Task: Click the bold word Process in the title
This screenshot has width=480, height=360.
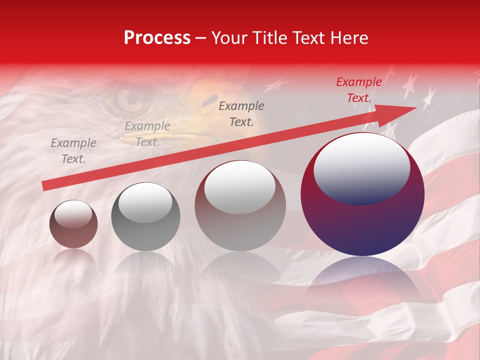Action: [x=157, y=38]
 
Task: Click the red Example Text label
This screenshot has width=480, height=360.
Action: [x=359, y=90]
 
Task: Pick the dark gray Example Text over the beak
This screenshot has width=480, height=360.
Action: [x=241, y=114]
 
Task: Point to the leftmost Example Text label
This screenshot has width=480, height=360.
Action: [x=73, y=151]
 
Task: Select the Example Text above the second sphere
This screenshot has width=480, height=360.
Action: [x=147, y=134]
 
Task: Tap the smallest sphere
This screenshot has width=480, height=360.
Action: [x=73, y=224]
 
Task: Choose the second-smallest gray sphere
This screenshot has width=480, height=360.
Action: [x=145, y=217]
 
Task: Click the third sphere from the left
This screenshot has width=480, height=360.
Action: [x=240, y=206]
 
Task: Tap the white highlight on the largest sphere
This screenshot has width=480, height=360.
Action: [x=361, y=167]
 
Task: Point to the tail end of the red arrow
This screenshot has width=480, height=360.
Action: [x=45, y=186]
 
